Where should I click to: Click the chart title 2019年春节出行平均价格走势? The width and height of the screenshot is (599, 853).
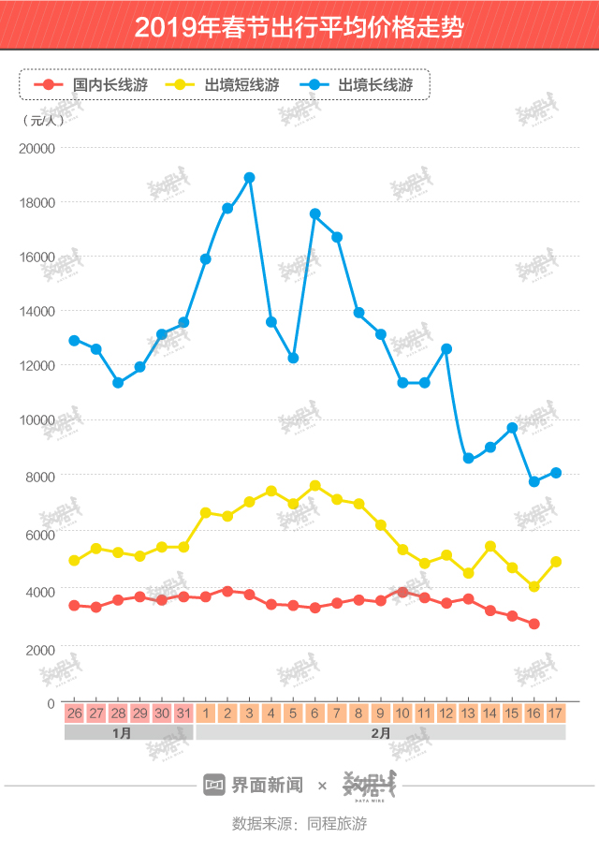[x=299, y=26]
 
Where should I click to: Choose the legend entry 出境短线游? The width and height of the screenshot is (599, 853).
[x=225, y=85]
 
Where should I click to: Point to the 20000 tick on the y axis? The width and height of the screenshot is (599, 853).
[x=38, y=148]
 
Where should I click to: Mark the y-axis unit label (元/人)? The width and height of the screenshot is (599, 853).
[x=42, y=120]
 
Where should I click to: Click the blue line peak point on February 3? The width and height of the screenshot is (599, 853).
[x=249, y=178]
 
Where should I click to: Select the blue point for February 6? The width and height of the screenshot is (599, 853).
[x=314, y=213]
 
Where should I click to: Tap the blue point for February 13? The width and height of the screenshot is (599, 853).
[x=468, y=458]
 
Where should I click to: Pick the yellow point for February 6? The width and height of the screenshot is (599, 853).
[x=314, y=485]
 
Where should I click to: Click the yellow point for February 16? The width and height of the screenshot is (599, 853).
[x=533, y=586]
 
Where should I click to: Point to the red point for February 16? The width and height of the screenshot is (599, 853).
[x=533, y=624]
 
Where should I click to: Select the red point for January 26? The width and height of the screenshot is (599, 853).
[x=74, y=606]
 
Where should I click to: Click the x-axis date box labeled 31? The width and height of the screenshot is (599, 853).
[x=183, y=713]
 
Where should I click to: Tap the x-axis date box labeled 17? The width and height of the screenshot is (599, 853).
[x=555, y=713]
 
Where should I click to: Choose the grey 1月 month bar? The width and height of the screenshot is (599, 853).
[x=129, y=733]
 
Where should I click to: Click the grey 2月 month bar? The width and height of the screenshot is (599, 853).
[x=380, y=733]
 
